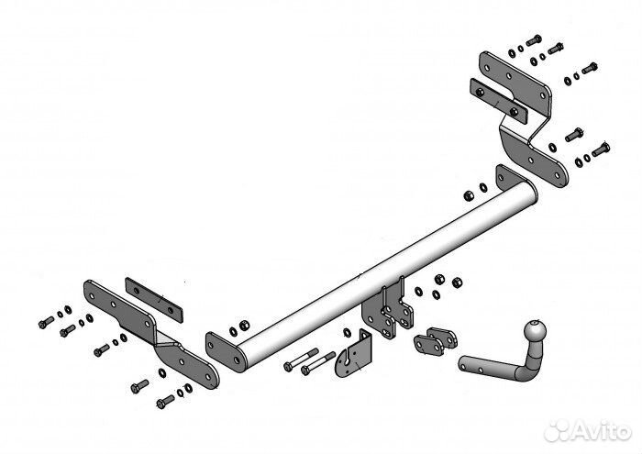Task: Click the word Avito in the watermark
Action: tap(602, 430)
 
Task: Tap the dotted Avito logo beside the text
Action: tap(558, 431)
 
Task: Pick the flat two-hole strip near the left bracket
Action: tap(154, 300)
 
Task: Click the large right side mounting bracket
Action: tap(524, 118)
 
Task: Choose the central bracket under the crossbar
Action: tap(387, 310)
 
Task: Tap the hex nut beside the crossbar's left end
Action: tap(244, 326)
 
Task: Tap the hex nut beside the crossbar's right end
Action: tap(469, 195)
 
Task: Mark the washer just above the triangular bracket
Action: tap(347, 332)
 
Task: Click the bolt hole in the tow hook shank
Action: tap(480, 369)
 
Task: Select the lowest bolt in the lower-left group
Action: tap(165, 402)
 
